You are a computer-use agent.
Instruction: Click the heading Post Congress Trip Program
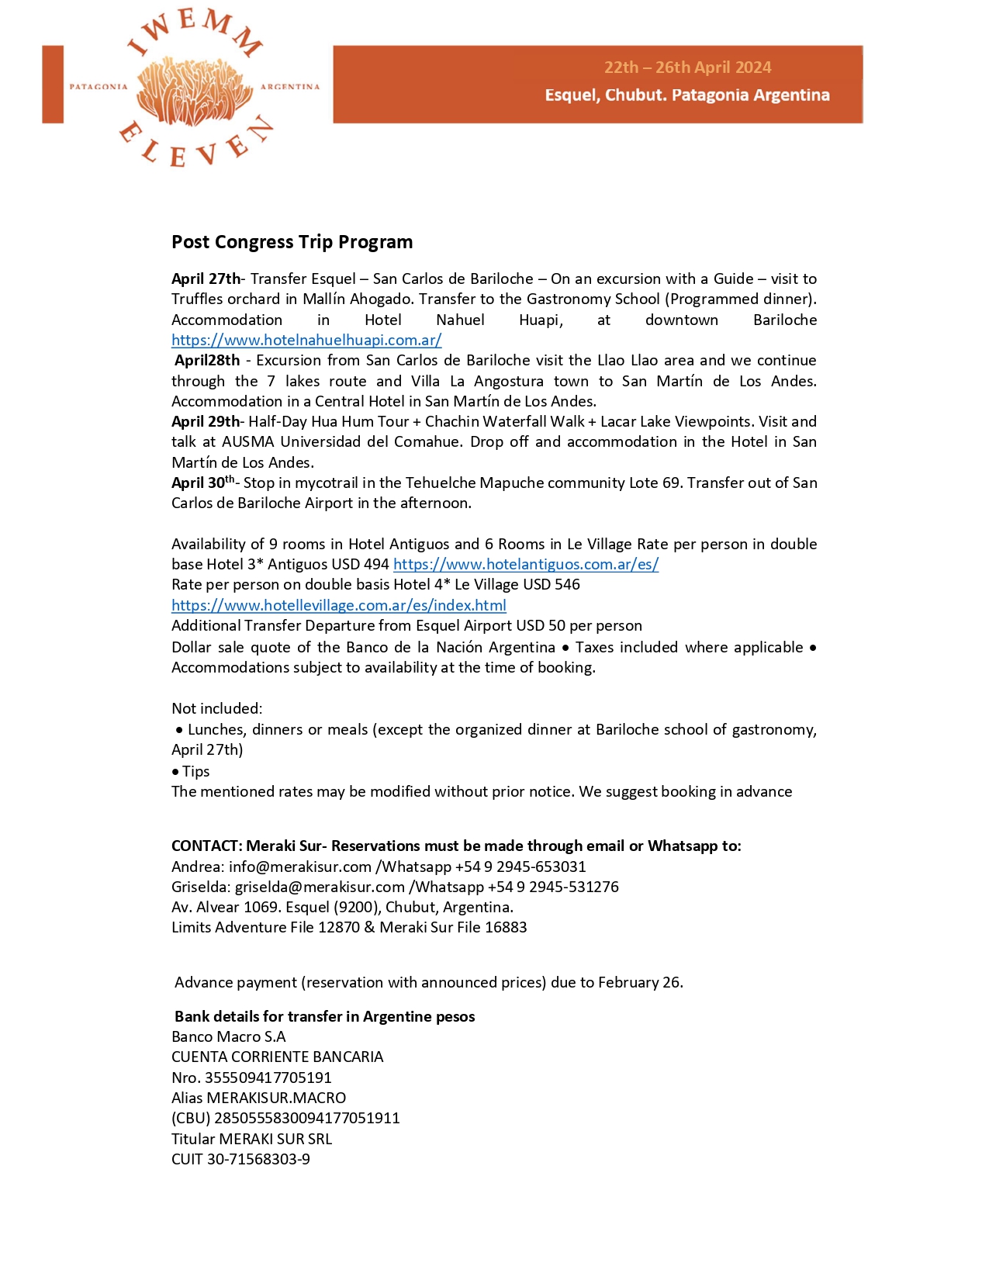coord(292,242)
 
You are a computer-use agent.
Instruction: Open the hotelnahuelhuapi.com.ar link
coord(306,340)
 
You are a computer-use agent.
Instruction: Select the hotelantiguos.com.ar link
coord(526,564)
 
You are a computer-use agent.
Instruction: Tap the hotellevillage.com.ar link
coord(339,605)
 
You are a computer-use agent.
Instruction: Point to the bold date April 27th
coord(206,278)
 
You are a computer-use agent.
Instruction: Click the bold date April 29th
coord(206,421)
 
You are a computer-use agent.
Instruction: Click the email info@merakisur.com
coord(300,867)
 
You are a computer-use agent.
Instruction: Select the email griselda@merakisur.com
coord(320,887)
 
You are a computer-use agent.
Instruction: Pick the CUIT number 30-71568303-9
coord(258,1159)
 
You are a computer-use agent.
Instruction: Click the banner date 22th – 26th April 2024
coord(688,67)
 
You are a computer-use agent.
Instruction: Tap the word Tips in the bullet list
coord(196,771)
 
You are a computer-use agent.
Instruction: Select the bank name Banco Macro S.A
coord(229,1036)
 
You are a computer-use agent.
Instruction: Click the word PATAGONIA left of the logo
coord(99,87)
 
